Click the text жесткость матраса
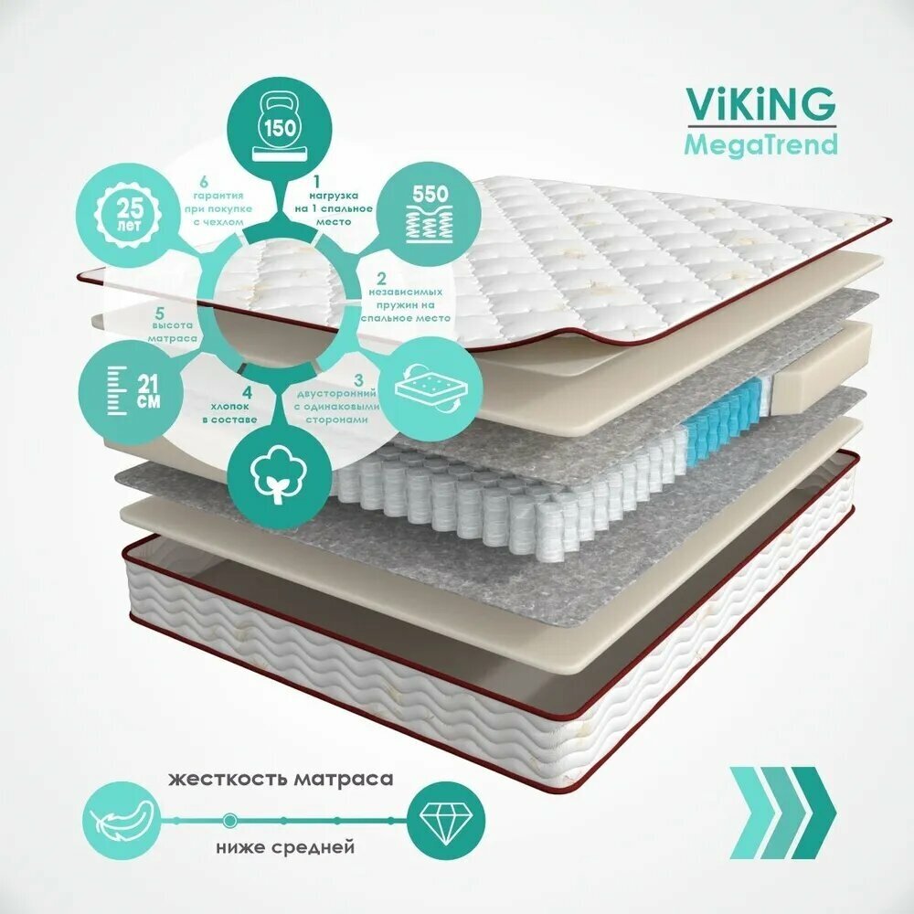point(281,780)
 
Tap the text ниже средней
point(284,848)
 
